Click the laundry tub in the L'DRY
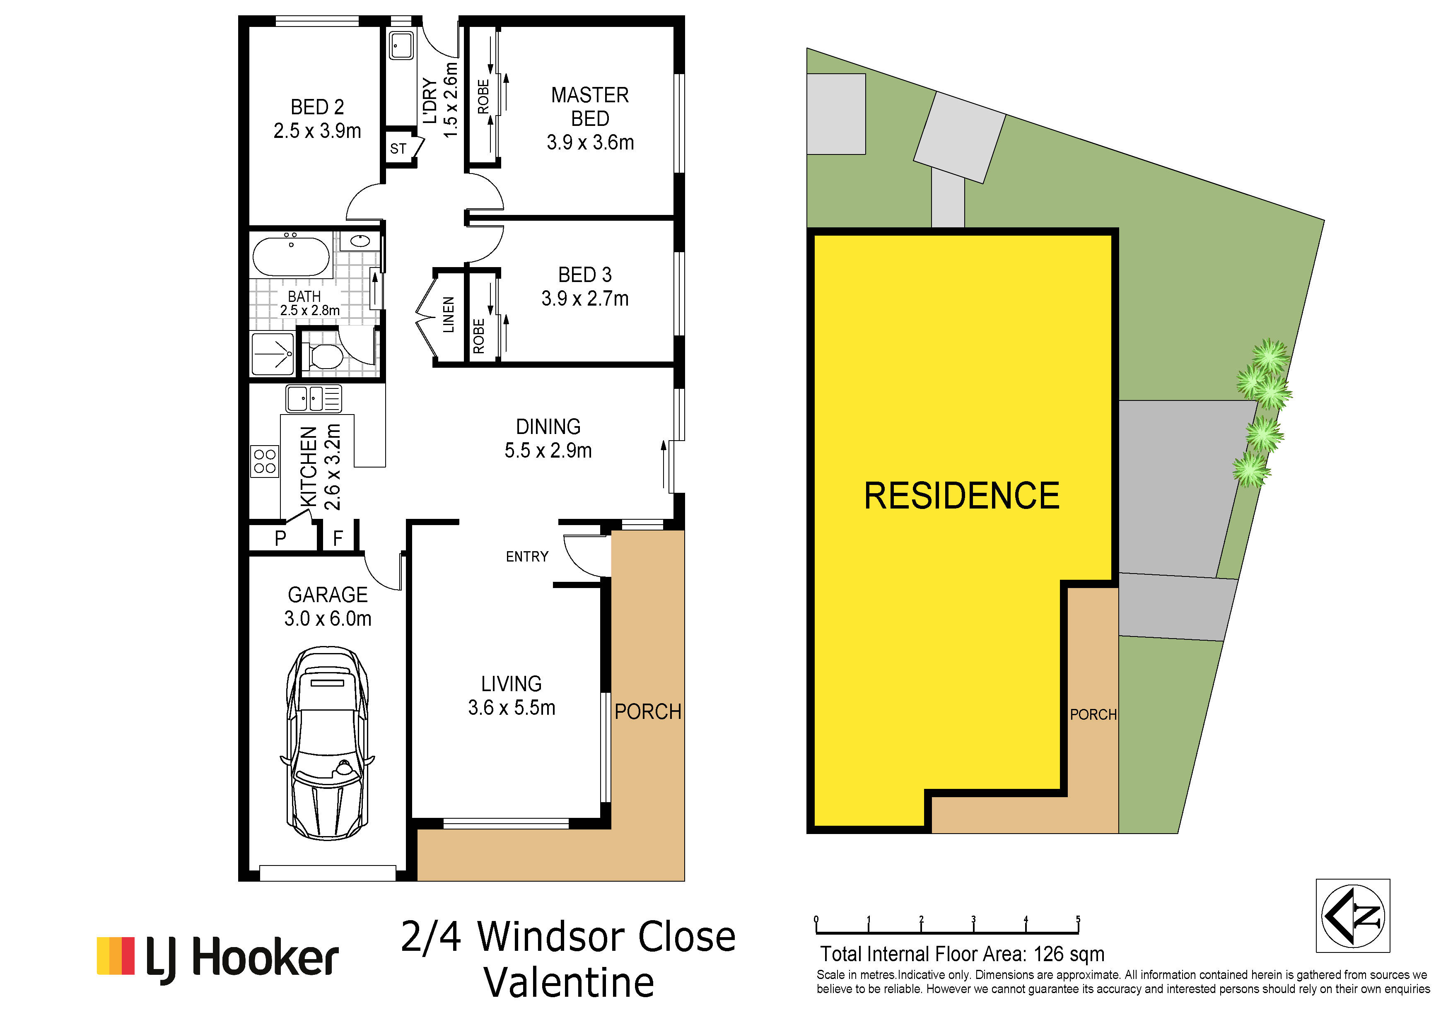pyautogui.click(x=401, y=46)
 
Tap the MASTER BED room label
pyautogui.click(x=590, y=106)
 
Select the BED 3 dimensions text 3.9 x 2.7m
pyautogui.click(x=585, y=298)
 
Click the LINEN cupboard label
pyautogui.click(x=448, y=314)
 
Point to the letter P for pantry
pyautogui.click(x=280, y=538)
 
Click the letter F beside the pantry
pyautogui.click(x=338, y=538)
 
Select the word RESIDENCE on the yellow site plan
pyautogui.click(x=962, y=495)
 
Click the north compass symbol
pyautogui.click(x=1353, y=916)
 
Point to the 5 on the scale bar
pyautogui.click(x=1078, y=919)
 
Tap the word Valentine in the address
pyautogui.click(x=569, y=982)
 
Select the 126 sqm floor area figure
pyautogui.click(x=1069, y=954)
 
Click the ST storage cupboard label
pyautogui.click(x=398, y=149)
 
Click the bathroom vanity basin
pyautogui.click(x=360, y=241)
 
